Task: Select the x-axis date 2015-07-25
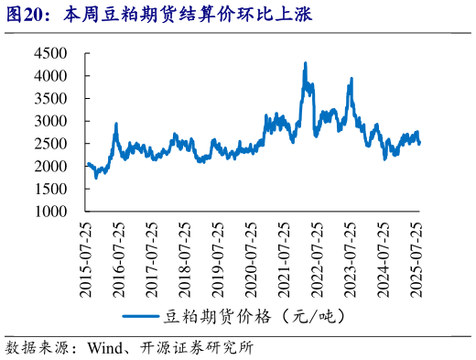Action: click(86, 257)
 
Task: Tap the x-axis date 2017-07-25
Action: click(152, 257)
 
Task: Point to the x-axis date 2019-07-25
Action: click(218, 257)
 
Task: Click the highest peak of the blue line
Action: click(305, 63)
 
